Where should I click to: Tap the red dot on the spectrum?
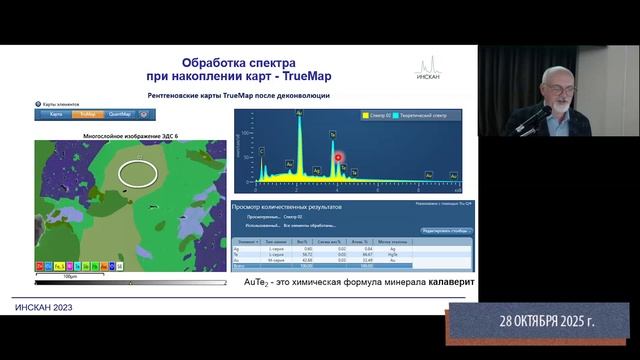tap(338, 157)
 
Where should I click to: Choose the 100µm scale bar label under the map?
tap(70, 276)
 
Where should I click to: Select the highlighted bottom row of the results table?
tap(350, 267)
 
